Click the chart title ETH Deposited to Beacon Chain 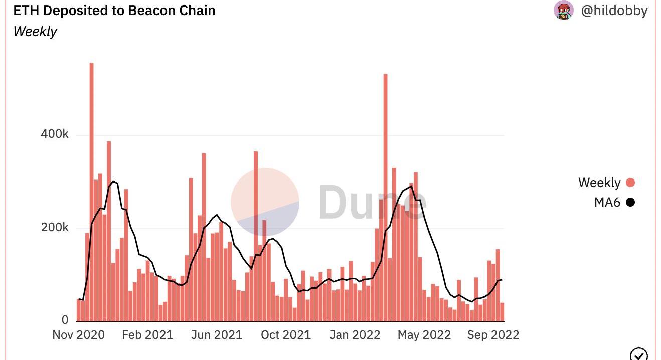(114, 11)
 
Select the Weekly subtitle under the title (35, 32)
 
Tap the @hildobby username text (614, 11)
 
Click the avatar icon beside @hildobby (564, 10)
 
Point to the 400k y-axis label (55, 134)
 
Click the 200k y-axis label (55, 228)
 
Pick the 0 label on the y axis (65, 320)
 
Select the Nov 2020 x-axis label (79, 335)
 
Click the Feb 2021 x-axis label (147, 335)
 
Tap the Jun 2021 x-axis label (217, 335)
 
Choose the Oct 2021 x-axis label (285, 335)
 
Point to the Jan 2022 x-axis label (355, 335)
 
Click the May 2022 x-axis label (424, 335)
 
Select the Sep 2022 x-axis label (493, 335)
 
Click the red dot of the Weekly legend (630, 183)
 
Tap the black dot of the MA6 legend (630, 203)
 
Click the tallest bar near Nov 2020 (91, 191)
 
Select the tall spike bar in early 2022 (385, 196)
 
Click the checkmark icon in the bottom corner (638, 354)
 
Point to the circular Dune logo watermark (265, 202)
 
